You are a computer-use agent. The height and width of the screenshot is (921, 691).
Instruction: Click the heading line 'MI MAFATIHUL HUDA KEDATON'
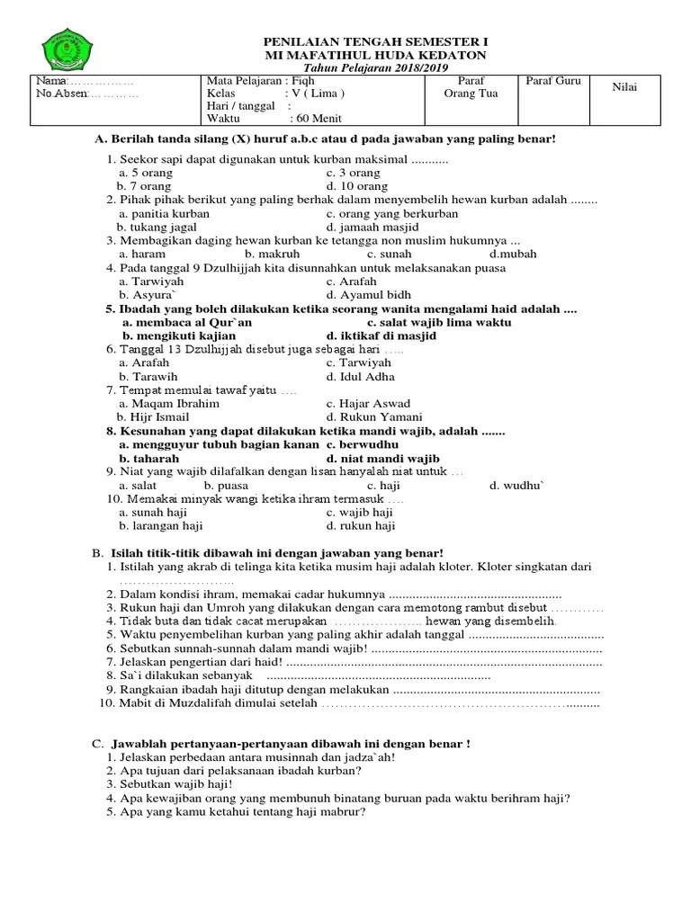coord(373,55)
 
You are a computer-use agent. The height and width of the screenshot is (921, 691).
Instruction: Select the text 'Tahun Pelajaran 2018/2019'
coord(373,68)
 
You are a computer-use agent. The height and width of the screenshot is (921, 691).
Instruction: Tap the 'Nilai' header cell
coord(624,86)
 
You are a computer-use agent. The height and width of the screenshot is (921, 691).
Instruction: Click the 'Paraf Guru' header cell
coord(553,81)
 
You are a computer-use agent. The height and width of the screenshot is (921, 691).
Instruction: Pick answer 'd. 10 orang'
coord(357,186)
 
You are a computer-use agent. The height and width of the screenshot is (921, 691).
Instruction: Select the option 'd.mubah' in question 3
coord(513,254)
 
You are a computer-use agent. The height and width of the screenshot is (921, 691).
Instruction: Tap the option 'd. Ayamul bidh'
coord(368,294)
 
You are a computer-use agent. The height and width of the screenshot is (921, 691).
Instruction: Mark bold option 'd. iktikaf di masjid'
coord(381,335)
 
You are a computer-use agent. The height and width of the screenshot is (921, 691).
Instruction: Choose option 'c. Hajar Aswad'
coord(368,404)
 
